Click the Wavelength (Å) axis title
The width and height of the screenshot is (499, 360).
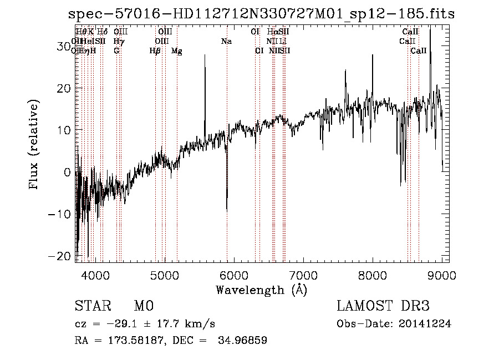click(x=261, y=289)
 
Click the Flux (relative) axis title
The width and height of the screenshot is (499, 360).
click(x=34, y=145)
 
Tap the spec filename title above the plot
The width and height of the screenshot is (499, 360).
click(x=261, y=14)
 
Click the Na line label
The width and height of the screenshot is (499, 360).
click(x=226, y=41)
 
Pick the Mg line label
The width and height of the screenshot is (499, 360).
click(x=177, y=51)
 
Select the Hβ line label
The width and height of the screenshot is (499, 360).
click(x=155, y=51)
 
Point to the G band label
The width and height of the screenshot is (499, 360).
click(x=116, y=51)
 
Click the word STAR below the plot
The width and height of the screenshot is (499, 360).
click(x=92, y=306)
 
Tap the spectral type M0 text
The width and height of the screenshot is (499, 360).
click(x=143, y=306)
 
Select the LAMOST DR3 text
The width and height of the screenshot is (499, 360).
click(x=383, y=306)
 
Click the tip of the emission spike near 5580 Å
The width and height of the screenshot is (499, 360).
click(x=205, y=54)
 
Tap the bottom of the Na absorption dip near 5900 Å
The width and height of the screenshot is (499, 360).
click(x=226, y=211)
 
